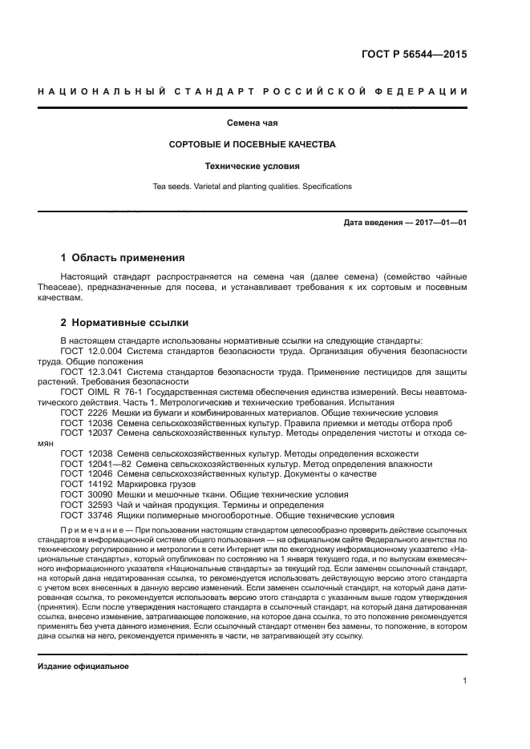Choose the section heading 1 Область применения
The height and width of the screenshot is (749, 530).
pos(123,258)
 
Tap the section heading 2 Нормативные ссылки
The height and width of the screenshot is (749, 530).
pos(125,323)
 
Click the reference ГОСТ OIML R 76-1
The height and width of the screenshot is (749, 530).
pos(100,393)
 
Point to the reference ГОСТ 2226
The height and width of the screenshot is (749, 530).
pos(83,413)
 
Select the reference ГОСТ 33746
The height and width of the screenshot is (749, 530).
pos(85,515)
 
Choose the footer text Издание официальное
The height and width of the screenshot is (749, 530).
pos(83,666)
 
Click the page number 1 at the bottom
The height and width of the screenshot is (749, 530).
pos(464,682)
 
